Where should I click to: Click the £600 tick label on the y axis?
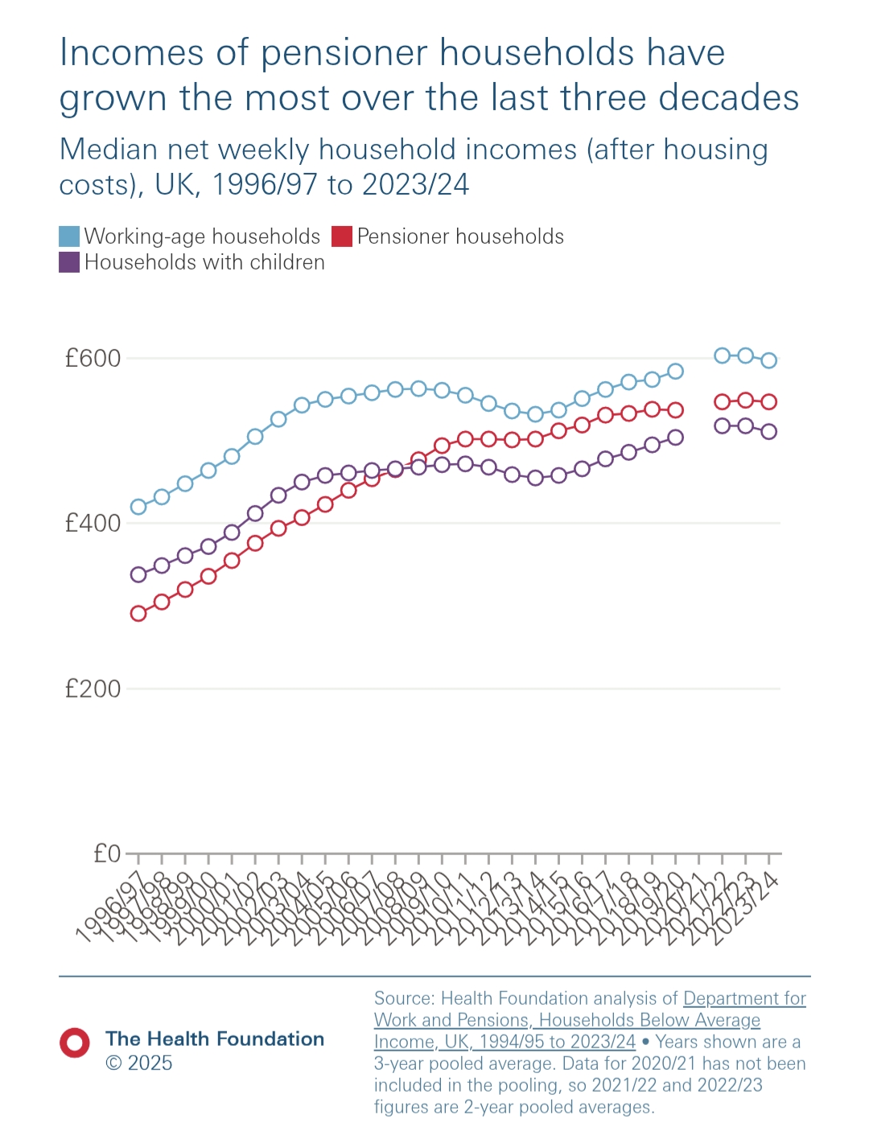pos(93,358)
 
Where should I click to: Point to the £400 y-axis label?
pos(93,524)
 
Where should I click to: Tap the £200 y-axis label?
pos(93,689)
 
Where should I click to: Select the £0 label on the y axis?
pos(107,853)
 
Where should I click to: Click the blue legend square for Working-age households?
pos(69,236)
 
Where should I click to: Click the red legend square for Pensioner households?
pos(342,236)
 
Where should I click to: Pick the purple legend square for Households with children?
pos(69,262)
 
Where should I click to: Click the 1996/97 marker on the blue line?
pos(138,507)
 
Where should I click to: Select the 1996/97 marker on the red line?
pos(138,614)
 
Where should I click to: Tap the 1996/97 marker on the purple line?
pos(138,574)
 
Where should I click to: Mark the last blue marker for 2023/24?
pos(769,360)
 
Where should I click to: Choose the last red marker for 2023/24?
pos(769,401)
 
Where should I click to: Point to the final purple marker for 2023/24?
pos(769,431)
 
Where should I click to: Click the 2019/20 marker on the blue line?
pos(676,372)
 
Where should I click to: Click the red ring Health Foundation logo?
pos(75,1043)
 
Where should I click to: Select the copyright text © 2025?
pos(138,1063)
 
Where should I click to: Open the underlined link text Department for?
pos(744,998)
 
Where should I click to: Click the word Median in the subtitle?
pos(109,150)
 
